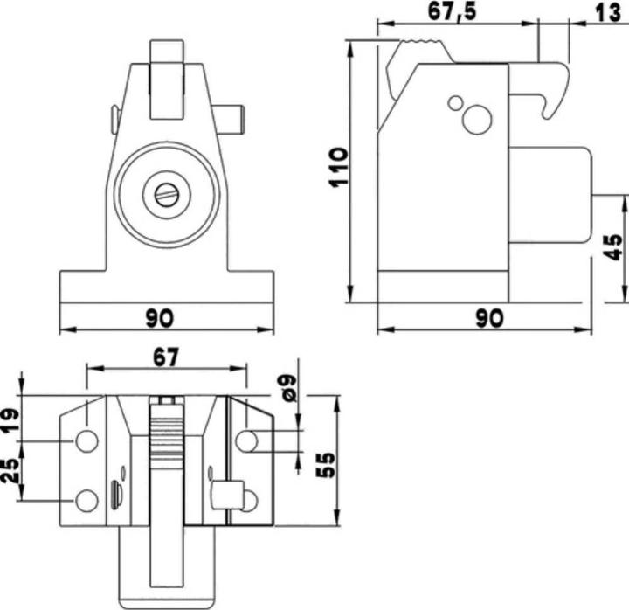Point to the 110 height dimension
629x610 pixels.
point(339,166)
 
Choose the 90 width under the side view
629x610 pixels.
point(489,318)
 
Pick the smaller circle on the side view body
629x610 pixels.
point(455,103)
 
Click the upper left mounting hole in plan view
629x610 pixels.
point(86,440)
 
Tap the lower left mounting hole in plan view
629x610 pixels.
point(86,501)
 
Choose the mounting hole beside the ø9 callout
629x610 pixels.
point(247,440)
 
